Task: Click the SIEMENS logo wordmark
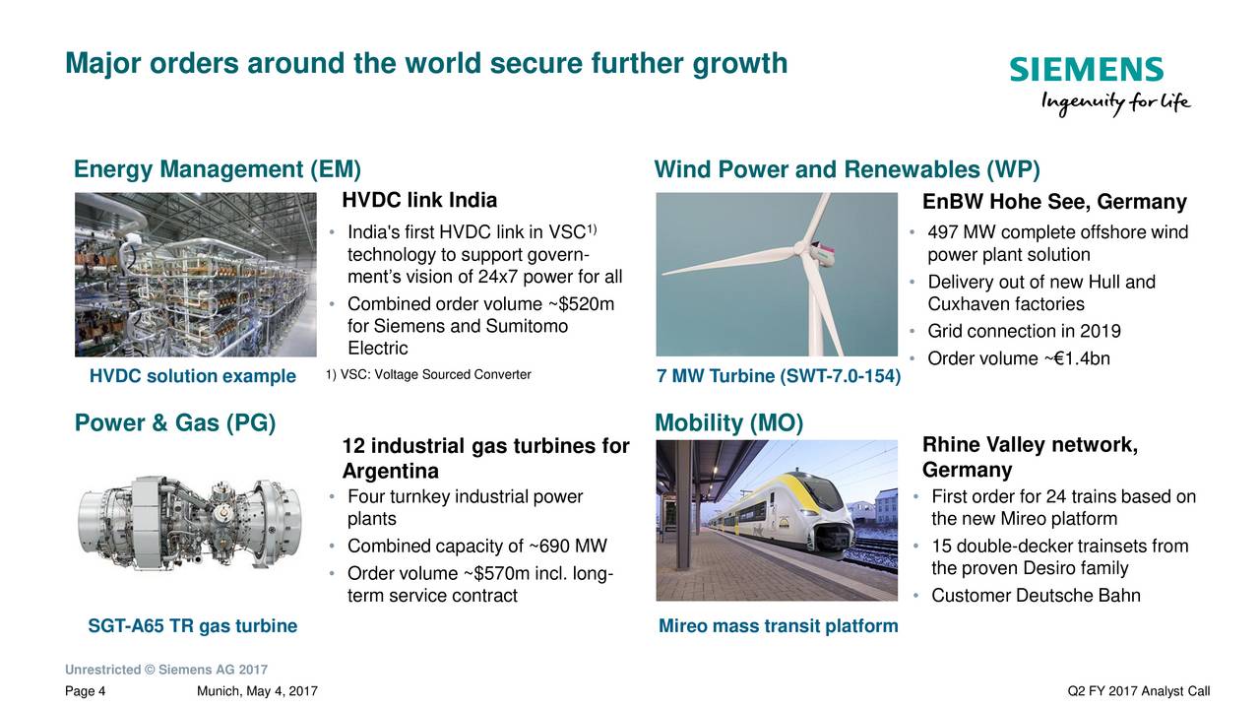pyautogui.click(x=1086, y=69)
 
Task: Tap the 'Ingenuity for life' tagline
pyautogui.click(x=1115, y=103)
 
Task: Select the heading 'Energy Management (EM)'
pyautogui.click(x=218, y=169)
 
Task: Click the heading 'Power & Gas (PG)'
pyautogui.click(x=175, y=423)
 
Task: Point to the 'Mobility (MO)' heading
pyautogui.click(x=729, y=423)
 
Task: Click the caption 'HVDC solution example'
pyautogui.click(x=192, y=376)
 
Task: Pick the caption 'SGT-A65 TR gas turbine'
pyautogui.click(x=192, y=625)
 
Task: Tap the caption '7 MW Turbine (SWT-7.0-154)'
pyautogui.click(x=779, y=376)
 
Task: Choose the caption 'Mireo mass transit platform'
pyautogui.click(x=779, y=625)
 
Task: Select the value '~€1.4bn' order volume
pyautogui.click(x=1077, y=358)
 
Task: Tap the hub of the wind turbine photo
pyautogui.click(x=801, y=248)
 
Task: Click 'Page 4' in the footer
pyautogui.click(x=85, y=691)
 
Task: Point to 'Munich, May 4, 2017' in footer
pyautogui.click(x=257, y=691)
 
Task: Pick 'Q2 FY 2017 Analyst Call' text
pyautogui.click(x=1139, y=691)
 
